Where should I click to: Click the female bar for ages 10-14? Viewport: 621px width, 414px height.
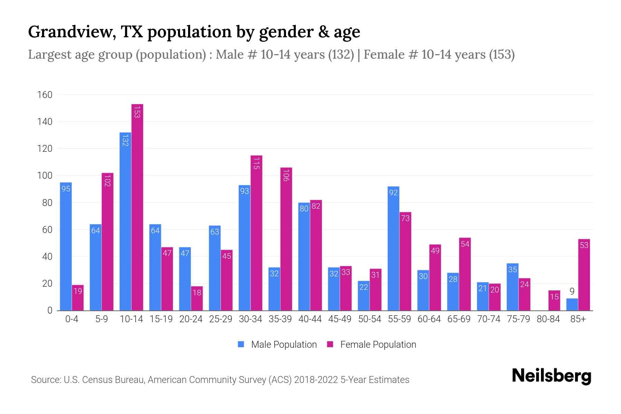point(137,207)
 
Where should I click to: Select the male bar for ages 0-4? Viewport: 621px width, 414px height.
point(66,247)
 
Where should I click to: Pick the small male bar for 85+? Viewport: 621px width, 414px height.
point(572,305)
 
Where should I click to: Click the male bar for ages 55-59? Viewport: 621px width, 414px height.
point(393,248)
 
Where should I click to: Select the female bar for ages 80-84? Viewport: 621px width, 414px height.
point(554,300)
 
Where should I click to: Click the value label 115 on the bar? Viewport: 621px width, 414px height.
point(256,163)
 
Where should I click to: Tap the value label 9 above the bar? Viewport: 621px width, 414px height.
point(572,292)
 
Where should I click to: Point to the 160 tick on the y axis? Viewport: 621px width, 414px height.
point(45,95)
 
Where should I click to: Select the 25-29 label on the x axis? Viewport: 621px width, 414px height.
point(220,319)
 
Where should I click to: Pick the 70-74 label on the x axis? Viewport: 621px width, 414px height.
point(489,319)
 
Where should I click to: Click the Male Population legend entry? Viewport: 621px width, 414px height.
point(277,345)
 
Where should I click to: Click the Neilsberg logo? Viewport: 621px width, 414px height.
point(551,376)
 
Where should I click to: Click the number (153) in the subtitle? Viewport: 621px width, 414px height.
point(502,55)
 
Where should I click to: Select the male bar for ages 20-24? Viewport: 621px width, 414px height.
point(185,279)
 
